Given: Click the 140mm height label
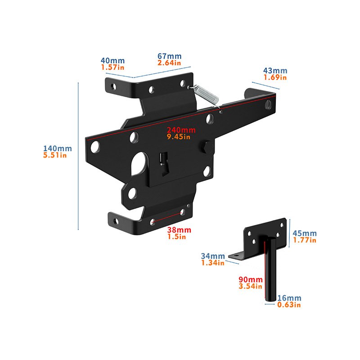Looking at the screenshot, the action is click(58, 148).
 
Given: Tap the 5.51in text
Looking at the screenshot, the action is click(55, 155).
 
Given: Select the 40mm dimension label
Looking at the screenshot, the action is click(113, 61).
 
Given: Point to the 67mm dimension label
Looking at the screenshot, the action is click(170, 56).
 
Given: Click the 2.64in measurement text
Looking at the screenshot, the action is click(169, 63).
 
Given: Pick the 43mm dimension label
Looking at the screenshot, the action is click(275, 71).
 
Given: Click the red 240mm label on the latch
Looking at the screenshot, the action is click(181, 130).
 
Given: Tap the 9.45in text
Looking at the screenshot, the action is click(179, 137).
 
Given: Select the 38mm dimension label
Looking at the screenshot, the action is click(179, 230).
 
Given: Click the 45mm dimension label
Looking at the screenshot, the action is click(305, 234).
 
